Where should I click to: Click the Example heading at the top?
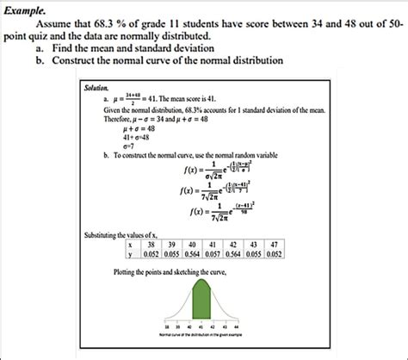[x=25, y=8]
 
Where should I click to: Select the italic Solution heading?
[x=96, y=88]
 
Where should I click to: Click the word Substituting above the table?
[x=103, y=234]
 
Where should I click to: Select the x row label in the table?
[x=129, y=244]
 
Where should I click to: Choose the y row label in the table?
[x=129, y=253]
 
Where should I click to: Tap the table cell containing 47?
[x=273, y=244]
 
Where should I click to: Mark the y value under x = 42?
[x=231, y=253]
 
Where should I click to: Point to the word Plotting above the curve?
[x=129, y=272]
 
